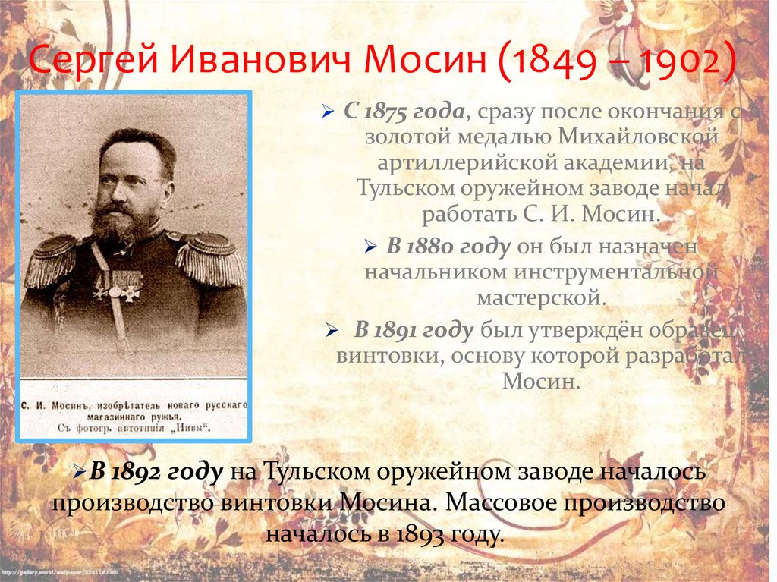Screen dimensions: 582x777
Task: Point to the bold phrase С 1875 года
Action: tap(404, 112)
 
